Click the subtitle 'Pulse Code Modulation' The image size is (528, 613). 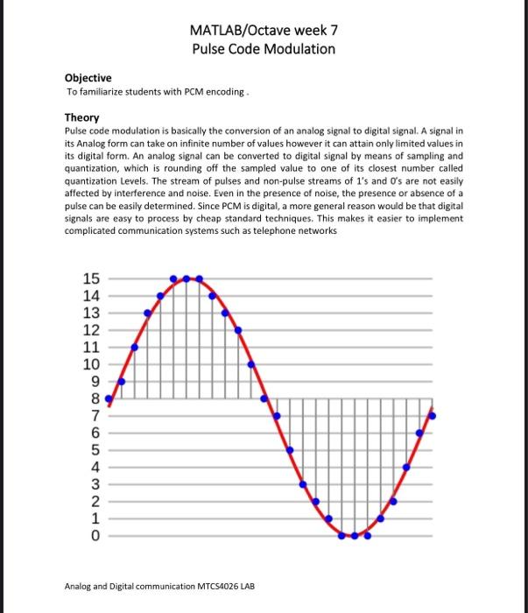tap(264, 49)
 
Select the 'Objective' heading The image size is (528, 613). tap(87, 78)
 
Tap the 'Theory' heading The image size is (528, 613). tap(82, 117)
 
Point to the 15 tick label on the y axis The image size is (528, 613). tap(92, 278)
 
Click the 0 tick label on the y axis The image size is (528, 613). tap(96, 535)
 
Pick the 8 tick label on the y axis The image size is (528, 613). tap(96, 398)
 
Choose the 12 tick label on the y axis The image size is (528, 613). tap(92, 330)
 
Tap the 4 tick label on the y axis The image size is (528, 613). tap(96, 467)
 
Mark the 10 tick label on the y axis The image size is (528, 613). tap(92, 364)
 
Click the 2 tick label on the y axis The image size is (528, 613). tap(96, 501)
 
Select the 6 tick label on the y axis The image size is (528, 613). tap(96, 433)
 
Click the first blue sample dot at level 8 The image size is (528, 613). tap(109, 398)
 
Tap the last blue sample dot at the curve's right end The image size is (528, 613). tap(432, 415)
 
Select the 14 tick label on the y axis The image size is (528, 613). tap(92, 296)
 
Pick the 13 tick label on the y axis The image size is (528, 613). tap(92, 313)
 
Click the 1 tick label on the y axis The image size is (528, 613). tap(96, 518)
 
